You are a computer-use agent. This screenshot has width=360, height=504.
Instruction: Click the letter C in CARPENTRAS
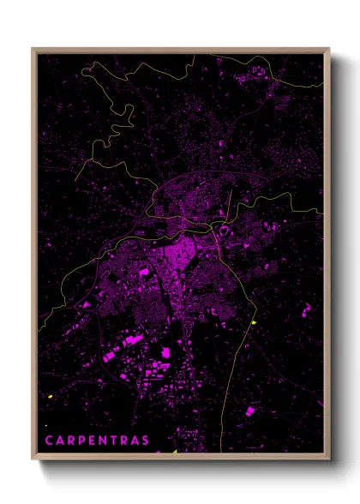click(49, 441)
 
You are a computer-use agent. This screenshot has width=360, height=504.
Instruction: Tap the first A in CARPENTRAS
click(60, 441)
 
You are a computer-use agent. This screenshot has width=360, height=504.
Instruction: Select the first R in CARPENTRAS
click(71, 441)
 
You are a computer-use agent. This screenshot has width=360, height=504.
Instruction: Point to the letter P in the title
click(82, 441)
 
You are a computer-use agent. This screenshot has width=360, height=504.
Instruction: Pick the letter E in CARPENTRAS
click(93, 441)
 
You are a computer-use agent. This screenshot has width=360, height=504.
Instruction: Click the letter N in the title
click(105, 441)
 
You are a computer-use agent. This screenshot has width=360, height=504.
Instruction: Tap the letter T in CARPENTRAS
click(116, 441)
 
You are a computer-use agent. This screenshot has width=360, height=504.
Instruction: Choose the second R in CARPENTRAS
click(126, 441)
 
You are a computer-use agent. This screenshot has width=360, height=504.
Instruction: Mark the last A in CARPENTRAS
click(137, 441)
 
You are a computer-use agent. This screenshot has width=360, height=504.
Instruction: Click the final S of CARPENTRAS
click(147, 441)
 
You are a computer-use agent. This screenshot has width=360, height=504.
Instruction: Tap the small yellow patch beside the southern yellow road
click(254, 322)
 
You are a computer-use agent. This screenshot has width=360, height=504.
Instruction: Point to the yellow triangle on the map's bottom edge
click(172, 451)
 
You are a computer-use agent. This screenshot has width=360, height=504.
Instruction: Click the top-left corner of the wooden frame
click(33, 48)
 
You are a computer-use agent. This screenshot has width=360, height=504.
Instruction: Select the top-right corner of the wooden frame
click(329, 48)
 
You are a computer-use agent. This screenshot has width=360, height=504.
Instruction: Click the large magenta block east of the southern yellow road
click(249, 411)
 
